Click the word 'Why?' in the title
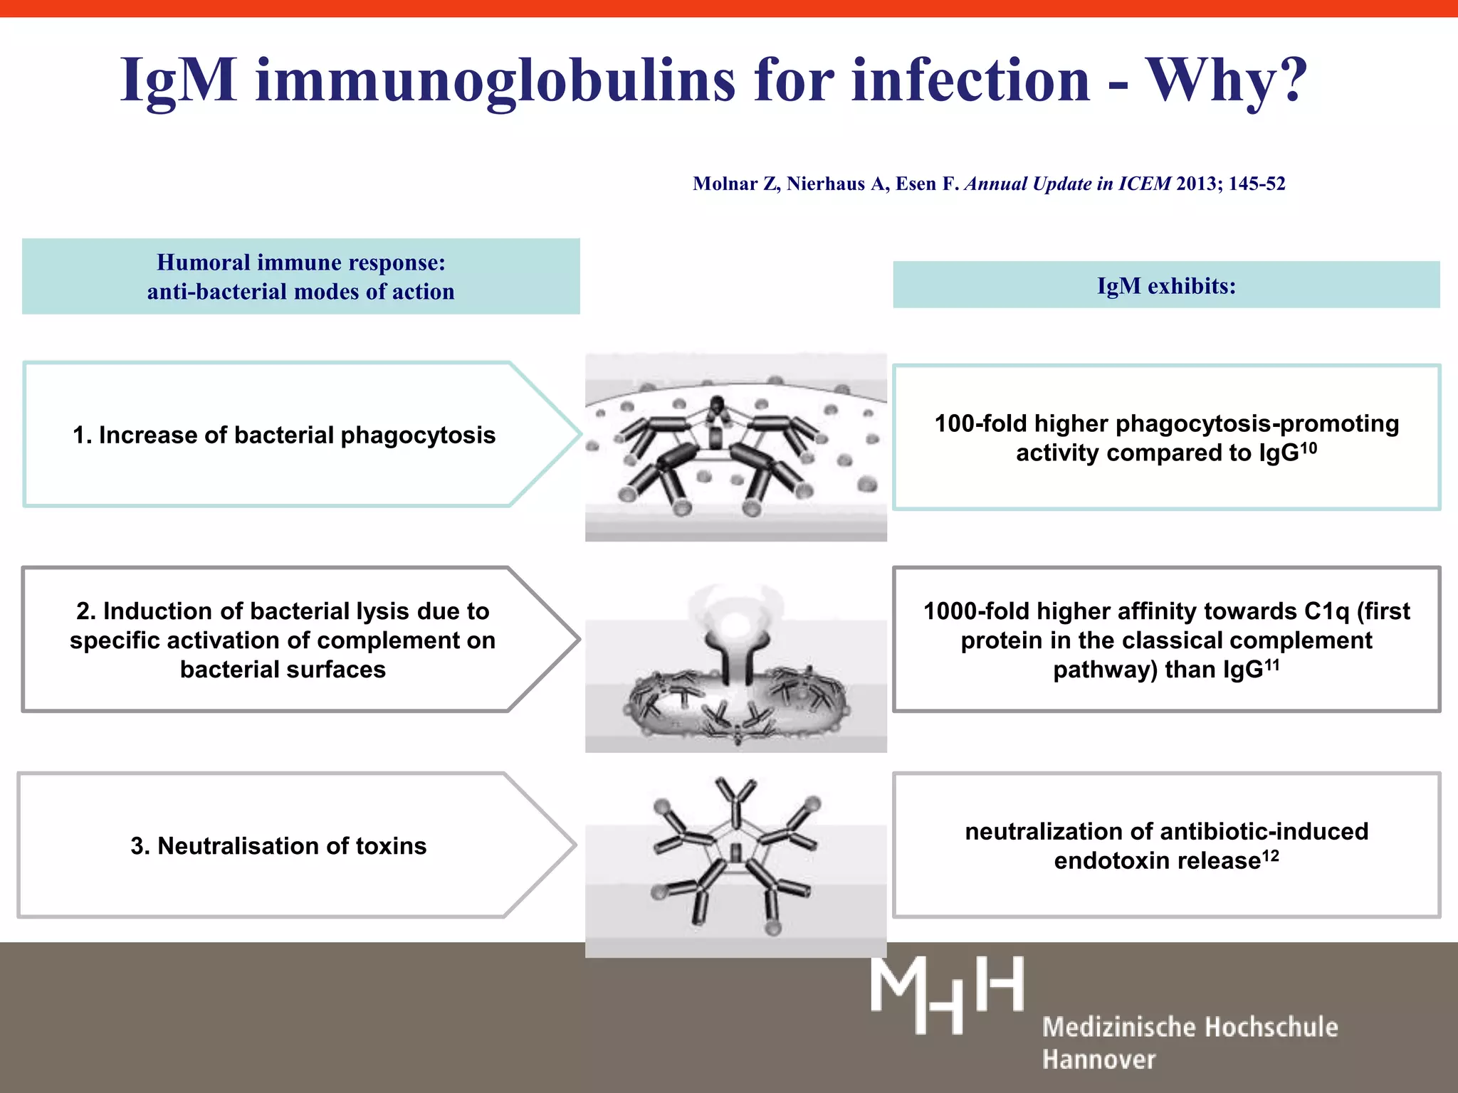1226,80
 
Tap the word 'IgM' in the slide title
179,80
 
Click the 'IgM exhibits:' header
1166,285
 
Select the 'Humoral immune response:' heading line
301,263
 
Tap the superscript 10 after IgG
1308,448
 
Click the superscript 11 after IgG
1271,665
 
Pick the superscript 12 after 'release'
1271,855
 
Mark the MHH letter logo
947,994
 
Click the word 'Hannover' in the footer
1098,1060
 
